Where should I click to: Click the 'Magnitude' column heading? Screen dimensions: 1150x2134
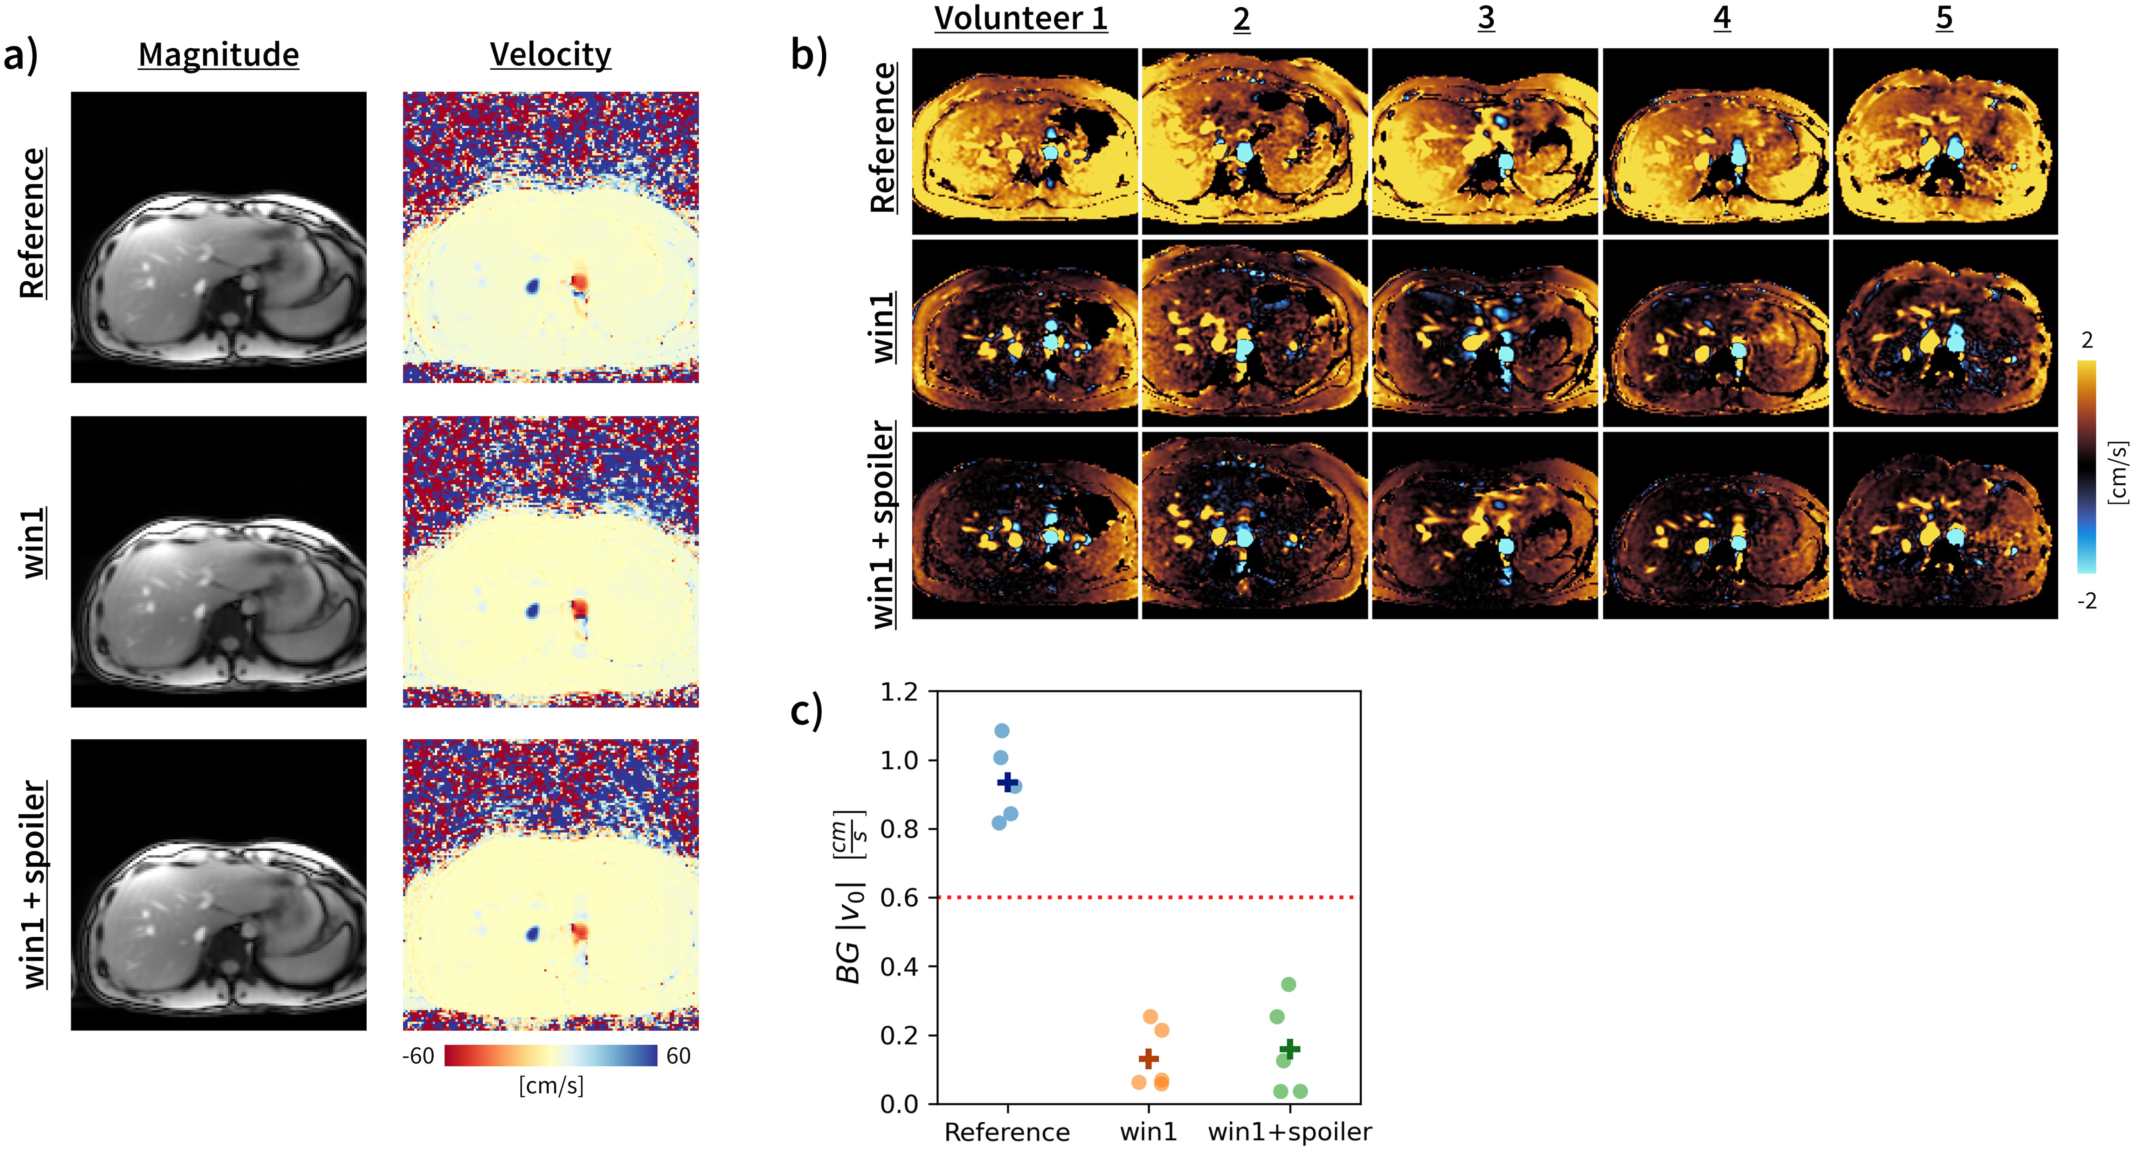click(219, 55)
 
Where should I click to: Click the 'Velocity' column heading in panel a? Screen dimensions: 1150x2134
click(550, 55)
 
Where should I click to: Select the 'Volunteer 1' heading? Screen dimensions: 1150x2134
click(1021, 18)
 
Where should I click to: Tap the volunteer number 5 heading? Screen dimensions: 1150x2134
click(1943, 18)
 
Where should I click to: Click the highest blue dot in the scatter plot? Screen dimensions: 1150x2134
click(1002, 731)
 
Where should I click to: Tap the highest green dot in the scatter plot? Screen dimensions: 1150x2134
click(1288, 984)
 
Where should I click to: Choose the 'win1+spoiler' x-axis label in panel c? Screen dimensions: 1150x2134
click(1290, 1132)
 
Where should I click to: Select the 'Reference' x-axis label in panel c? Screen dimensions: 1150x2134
click(1007, 1132)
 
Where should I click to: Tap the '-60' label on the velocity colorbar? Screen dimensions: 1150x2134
click(418, 1055)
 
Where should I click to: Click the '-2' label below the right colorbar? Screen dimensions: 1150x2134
click(2087, 601)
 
